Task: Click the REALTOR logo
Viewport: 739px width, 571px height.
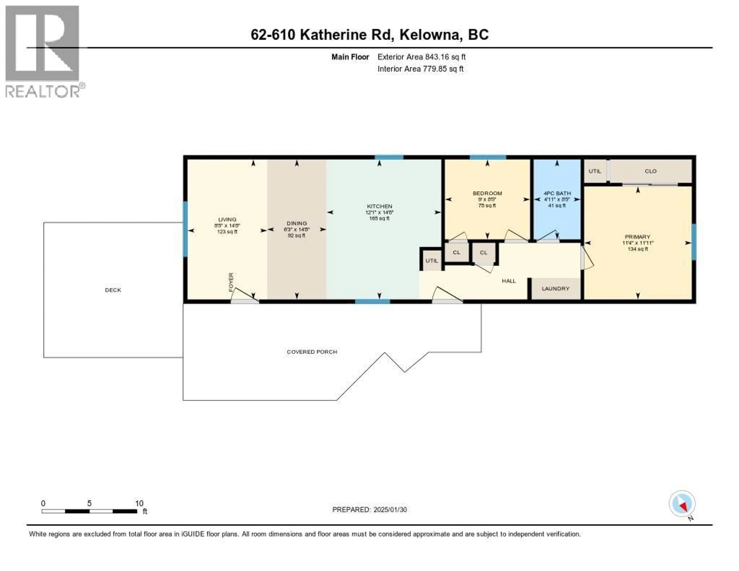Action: [42, 51]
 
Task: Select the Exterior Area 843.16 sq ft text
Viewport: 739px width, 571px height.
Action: [421, 57]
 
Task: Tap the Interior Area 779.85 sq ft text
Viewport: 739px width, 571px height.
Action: [420, 69]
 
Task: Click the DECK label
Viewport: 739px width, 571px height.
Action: [113, 290]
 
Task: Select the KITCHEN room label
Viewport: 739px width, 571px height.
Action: [379, 206]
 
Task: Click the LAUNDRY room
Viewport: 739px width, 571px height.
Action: [555, 289]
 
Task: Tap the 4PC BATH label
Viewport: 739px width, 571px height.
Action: [557, 193]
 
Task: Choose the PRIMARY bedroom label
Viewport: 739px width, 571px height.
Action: [638, 237]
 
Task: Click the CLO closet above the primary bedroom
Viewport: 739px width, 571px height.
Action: [650, 171]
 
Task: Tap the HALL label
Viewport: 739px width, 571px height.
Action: [509, 281]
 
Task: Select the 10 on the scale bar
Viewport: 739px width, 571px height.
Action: [139, 503]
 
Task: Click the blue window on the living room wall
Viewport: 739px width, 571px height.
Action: [185, 229]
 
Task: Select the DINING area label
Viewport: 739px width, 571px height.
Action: [297, 223]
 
